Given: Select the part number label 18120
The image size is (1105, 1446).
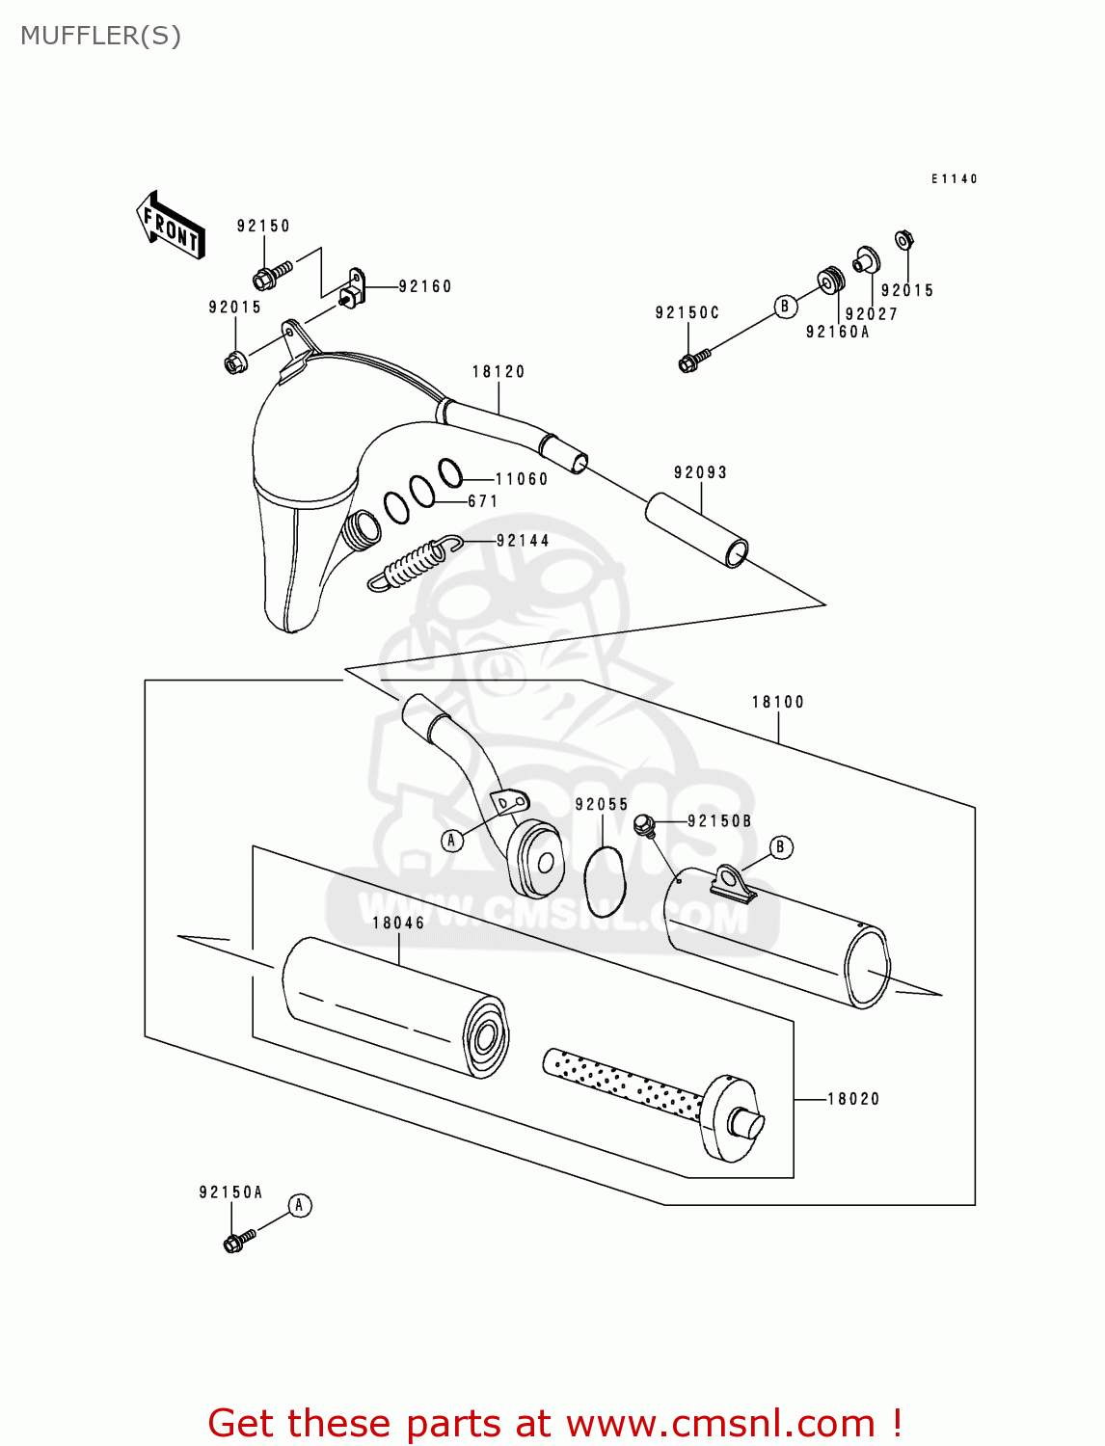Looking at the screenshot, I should pos(498,371).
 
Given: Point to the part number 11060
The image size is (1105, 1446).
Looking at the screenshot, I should pos(522,479).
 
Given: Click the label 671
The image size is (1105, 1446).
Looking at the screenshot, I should pos(483,501).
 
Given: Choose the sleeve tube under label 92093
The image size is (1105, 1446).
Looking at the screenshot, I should pos(696,530).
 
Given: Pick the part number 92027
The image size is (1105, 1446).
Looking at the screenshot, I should pos(871,314).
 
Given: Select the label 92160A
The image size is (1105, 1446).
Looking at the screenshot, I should pos(837,332).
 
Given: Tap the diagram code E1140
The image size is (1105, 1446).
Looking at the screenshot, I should pos(954,179).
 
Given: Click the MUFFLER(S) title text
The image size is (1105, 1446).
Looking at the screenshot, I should pos(100,36).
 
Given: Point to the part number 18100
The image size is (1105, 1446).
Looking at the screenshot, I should pos(777,702).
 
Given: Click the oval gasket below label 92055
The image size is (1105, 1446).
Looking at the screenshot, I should pos(605,881).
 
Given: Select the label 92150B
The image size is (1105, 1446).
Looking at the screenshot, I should pos(719,821).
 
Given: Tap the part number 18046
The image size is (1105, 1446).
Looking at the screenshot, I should pos(398,923).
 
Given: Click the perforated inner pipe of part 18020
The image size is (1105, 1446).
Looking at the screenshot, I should pos(622,1084).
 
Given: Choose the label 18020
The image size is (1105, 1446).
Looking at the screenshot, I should pos(853,1099).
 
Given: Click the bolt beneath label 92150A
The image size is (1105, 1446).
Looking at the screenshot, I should pos(237,1240).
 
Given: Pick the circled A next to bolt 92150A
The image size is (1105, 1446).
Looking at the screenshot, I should pos(300,1206).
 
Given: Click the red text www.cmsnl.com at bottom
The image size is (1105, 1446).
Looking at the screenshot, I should pos(720,1423).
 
